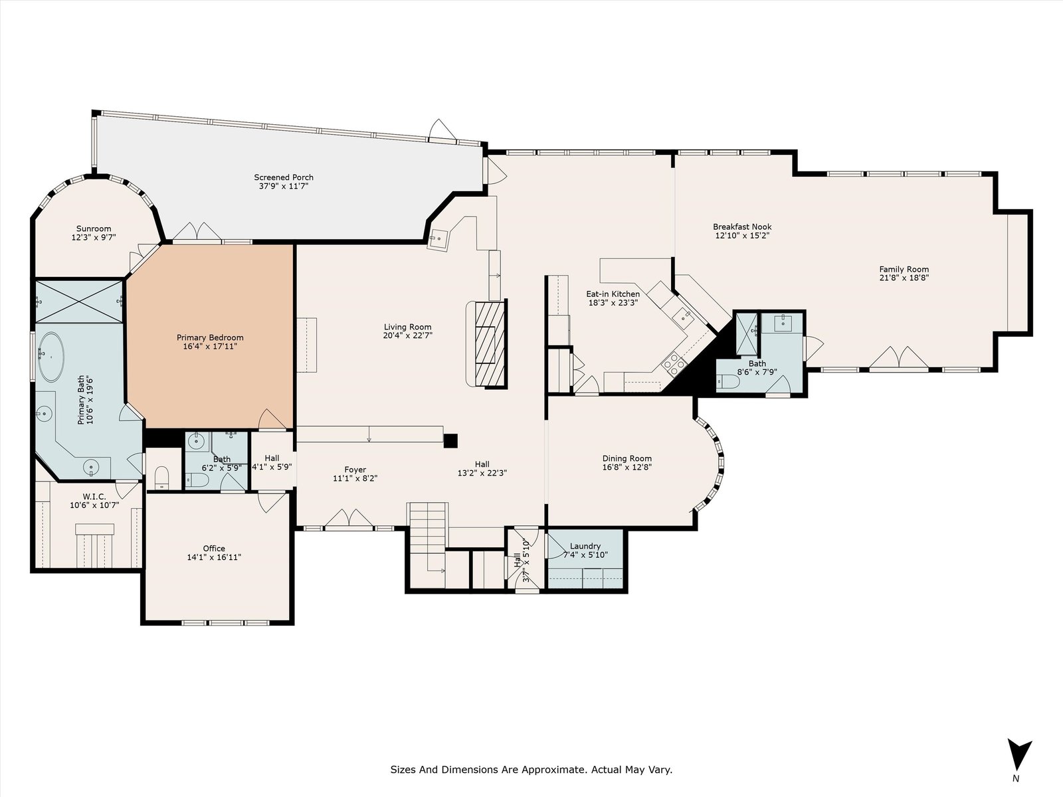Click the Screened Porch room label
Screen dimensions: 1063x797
click(x=284, y=177)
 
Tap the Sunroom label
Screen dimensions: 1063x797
click(x=94, y=228)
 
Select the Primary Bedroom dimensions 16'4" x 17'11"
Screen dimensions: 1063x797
click(x=210, y=347)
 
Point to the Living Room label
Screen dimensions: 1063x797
click(x=407, y=327)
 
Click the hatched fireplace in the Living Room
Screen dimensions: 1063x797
click(x=490, y=343)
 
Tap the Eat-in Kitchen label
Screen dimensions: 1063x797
click(x=613, y=294)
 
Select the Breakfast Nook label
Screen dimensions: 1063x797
click(x=742, y=226)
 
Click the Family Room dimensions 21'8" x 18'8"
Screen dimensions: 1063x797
click(x=904, y=278)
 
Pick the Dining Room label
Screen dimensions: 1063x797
click(x=627, y=458)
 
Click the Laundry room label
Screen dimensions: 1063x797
click(x=585, y=547)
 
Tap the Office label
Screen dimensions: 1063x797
click(x=213, y=549)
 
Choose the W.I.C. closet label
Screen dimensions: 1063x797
click(x=94, y=497)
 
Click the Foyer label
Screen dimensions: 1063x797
click(x=355, y=470)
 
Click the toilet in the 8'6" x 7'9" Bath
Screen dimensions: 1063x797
click(x=727, y=382)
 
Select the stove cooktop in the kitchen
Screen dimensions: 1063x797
click(x=674, y=363)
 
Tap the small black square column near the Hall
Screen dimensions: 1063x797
click(x=451, y=440)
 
